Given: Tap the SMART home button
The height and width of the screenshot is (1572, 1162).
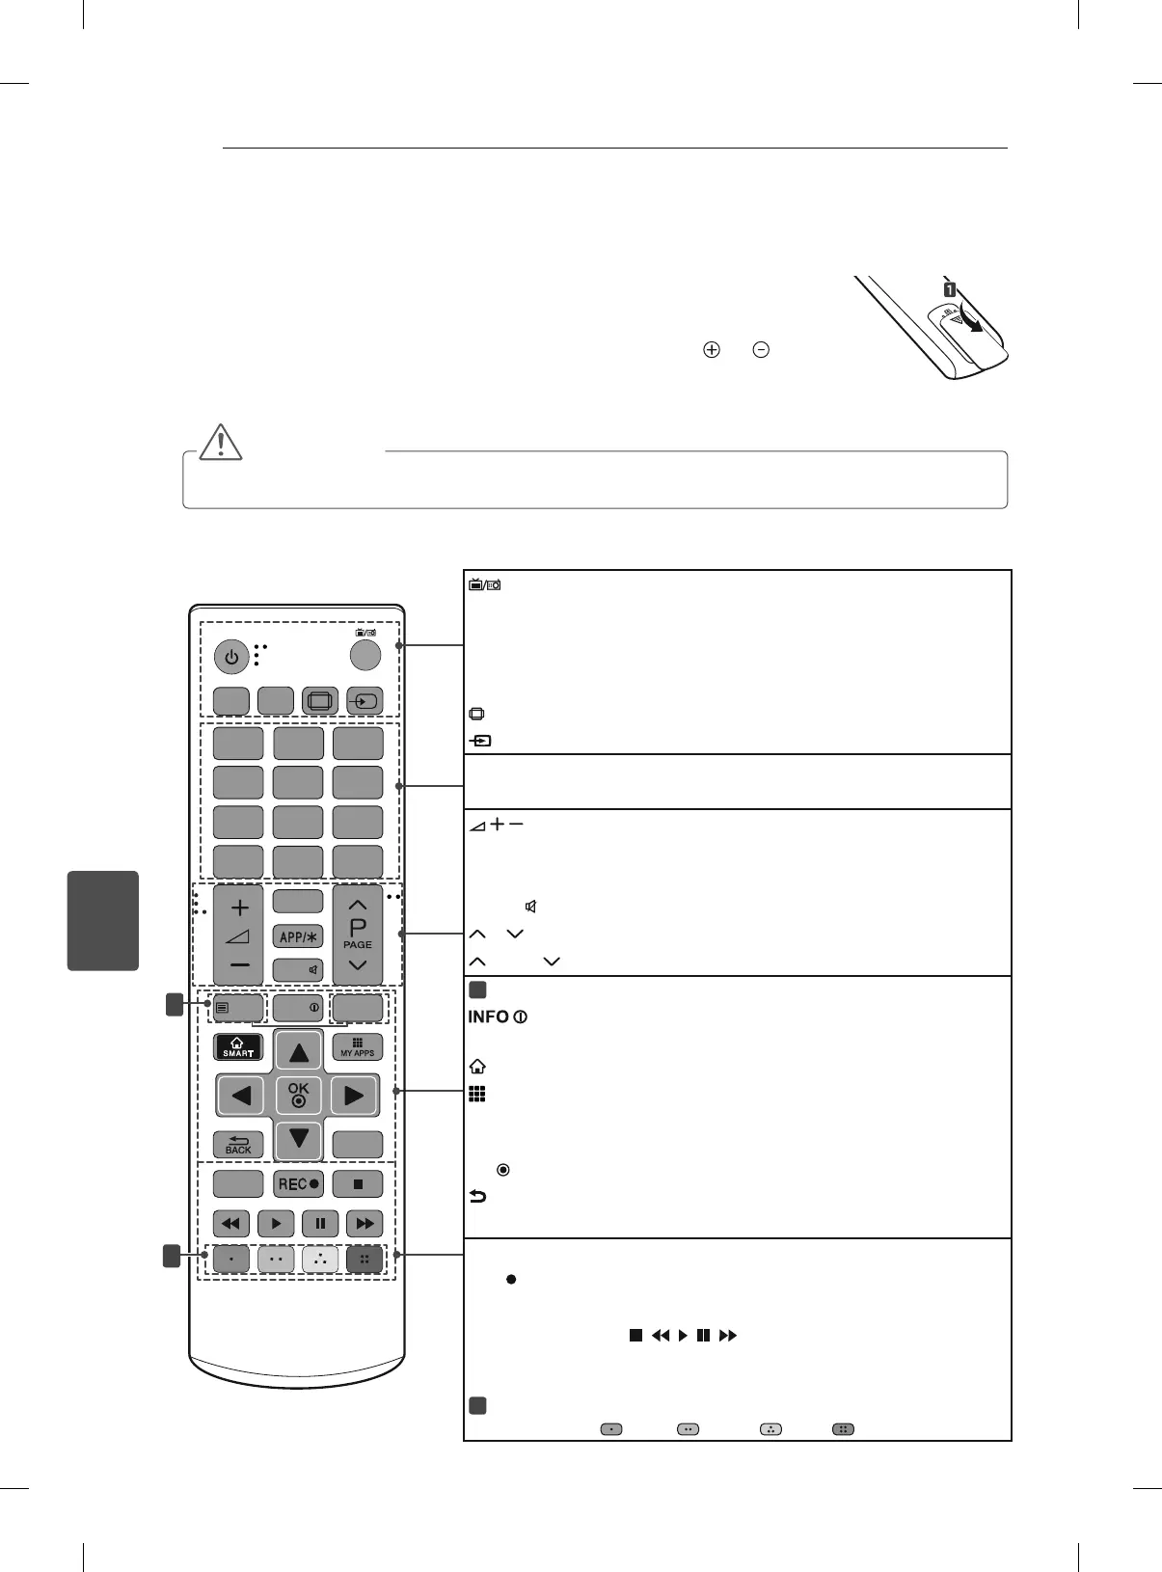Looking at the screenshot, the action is click(238, 1046).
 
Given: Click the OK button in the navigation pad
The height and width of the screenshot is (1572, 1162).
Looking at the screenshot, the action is click(299, 1094).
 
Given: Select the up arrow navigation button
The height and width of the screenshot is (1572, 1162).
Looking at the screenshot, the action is click(299, 1051).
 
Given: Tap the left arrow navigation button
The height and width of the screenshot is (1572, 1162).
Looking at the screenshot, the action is click(240, 1095).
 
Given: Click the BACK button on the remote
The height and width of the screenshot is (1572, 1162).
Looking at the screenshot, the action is click(238, 1145).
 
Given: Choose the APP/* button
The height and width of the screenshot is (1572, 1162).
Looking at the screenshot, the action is click(298, 936).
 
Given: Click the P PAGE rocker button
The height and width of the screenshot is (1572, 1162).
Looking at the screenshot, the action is click(358, 935).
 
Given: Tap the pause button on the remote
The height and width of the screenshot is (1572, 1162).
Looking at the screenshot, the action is click(320, 1224).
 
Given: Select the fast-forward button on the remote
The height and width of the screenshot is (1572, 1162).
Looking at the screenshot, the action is click(365, 1224).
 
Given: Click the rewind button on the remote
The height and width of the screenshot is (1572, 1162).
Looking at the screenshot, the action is click(231, 1224).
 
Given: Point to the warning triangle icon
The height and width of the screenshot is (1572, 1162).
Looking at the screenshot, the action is click(222, 442).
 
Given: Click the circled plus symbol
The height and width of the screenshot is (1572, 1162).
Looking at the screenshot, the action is click(712, 350).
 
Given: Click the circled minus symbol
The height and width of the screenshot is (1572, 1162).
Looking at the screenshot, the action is click(761, 350).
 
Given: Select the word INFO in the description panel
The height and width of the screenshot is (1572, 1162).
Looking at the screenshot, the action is click(489, 1017).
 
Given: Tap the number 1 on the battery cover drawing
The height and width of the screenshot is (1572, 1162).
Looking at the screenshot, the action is click(950, 289).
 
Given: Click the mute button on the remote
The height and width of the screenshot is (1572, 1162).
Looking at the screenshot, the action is click(298, 970).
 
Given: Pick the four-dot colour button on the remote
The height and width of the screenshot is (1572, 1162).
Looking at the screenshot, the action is click(365, 1260).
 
